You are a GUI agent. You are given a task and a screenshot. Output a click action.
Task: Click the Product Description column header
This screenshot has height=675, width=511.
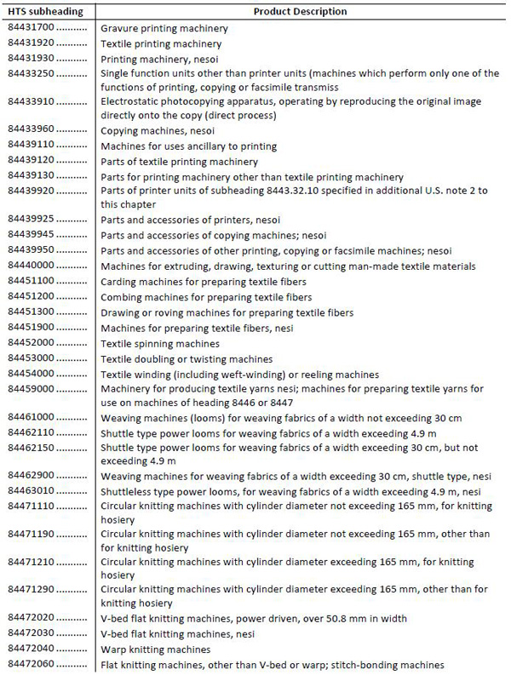click(301, 12)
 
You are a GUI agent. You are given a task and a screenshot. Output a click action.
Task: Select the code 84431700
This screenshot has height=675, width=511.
click(32, 28)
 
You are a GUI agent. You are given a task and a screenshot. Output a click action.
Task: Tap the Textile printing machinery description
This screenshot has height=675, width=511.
click(161, 43)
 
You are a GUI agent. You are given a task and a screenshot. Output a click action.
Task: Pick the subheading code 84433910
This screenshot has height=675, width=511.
click(32, 101)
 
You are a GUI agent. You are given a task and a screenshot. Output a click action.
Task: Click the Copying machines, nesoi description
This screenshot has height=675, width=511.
click(158, 131)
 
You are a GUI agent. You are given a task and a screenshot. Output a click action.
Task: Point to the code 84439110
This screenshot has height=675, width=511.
click(32, 146)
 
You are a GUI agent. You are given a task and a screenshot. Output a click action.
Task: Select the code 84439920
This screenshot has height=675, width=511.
click(32, 190)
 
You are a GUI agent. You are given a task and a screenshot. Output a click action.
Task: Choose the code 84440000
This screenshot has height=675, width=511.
click(32, 266)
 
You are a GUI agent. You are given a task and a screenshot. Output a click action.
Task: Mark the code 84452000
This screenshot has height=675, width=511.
click(32, 343)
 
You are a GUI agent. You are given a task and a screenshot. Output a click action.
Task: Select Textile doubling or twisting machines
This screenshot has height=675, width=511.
click(187, 358)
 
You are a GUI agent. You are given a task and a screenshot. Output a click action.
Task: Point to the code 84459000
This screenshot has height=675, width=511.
click(32, 388)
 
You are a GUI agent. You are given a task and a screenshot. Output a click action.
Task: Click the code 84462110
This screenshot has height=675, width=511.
click(32, 432)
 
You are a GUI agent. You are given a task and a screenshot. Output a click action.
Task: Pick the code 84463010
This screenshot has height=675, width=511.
click(32, 491)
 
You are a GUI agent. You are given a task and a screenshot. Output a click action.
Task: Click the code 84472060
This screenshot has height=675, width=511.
click(32, 664)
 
